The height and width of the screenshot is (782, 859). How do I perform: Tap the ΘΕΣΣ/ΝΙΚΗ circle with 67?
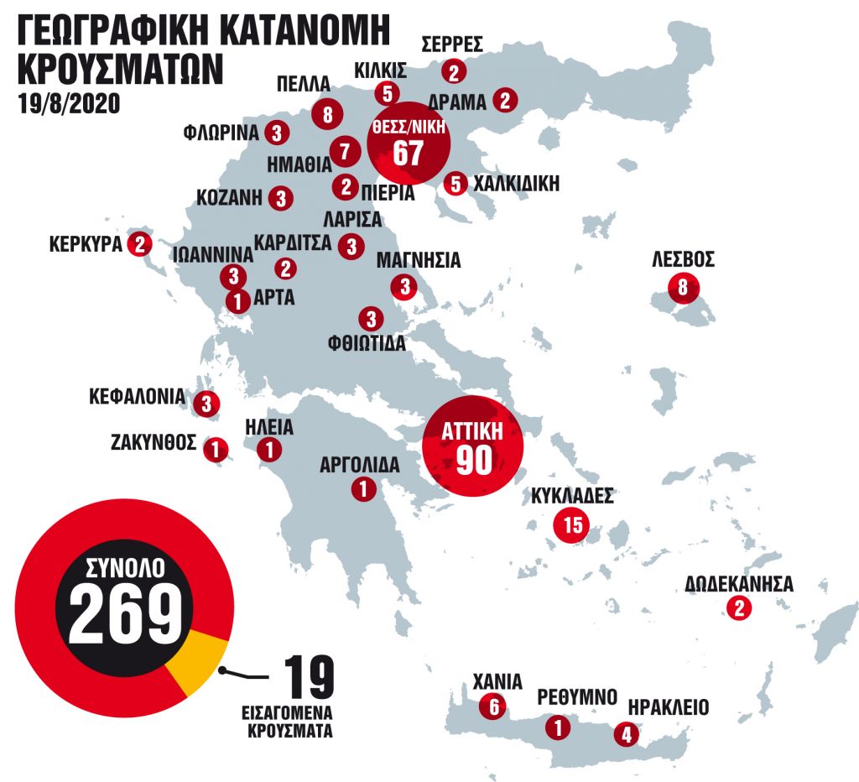point(409,143)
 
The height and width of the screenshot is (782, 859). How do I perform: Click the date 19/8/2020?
point(68,103)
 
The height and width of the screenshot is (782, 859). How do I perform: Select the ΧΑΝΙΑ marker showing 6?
point(493,707)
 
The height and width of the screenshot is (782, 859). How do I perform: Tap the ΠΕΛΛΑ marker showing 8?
point(326,113)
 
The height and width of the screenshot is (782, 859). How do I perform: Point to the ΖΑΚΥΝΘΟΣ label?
point(153,441)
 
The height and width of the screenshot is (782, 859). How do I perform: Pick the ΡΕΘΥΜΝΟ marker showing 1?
point(556,727)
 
